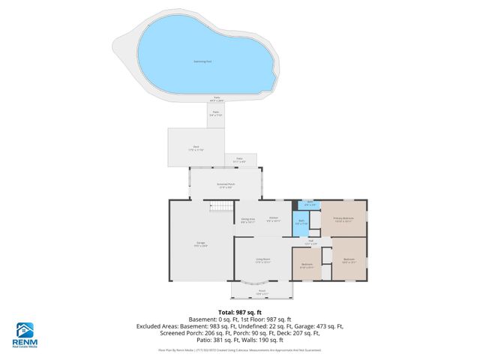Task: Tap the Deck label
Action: tap(196, 148)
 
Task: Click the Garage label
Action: tap(201, 243)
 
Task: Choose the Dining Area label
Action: tap(248, 220)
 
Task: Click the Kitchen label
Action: tap(274, 220)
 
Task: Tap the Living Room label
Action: tap(262, 259)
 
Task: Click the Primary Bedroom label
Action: tap(343, 220)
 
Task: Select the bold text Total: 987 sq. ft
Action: tap(239, 311)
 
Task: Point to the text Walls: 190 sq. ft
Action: tap(286, 341)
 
